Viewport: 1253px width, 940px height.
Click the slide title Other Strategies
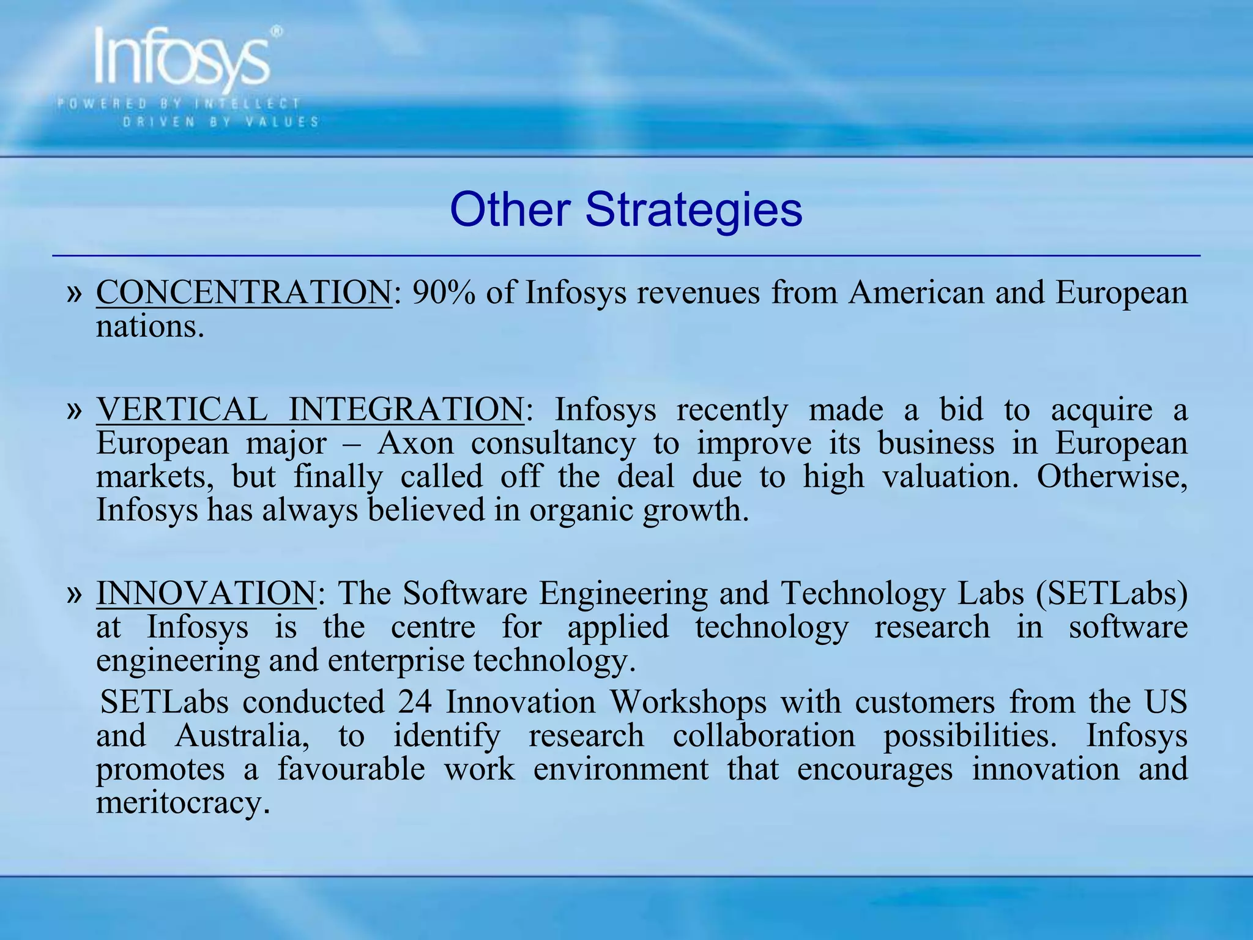click(626, 210)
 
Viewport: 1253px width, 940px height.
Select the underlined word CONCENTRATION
click(244, 293)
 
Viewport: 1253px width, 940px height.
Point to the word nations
click(149, 326)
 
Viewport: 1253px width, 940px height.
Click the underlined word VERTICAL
click(182, 409)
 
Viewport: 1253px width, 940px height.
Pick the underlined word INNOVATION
click(206, 593)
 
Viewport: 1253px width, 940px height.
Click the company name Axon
click(416, 442)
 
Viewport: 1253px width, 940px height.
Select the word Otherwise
click(1112, 476)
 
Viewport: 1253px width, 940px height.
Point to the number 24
click(415, 702)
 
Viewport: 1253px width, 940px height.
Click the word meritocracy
click(183, 803)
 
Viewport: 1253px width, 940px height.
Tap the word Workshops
click(688, 702)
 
